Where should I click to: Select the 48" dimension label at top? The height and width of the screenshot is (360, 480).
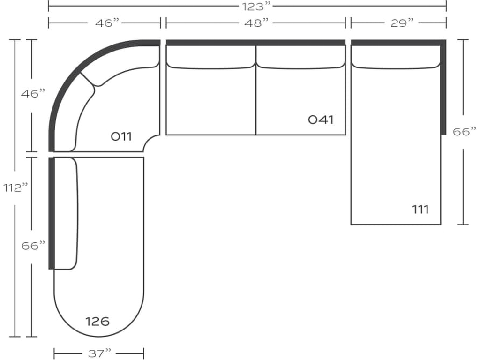pyautogui.click(x=256, y=23)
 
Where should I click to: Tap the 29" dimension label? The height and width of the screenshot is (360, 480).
pyautogui.click(x=402, y=23)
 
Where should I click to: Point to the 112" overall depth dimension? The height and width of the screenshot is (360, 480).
pyautogui.click(x=15, y=187)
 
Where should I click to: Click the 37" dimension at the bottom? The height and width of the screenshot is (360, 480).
pyautogui.click(x=99, y=353)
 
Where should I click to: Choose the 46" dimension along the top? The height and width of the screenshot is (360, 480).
pyautogui.click(x=107, y=23)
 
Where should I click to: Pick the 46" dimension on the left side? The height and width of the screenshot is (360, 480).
pyautogui.click(x=33, y=93)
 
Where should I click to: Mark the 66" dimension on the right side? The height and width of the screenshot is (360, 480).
pyautogui.click(x=465, y=132)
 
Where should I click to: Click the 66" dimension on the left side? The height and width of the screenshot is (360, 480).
pyautogui.click(x=33, y=246)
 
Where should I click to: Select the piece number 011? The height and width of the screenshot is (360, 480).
pyautogui.click(x=121, y=136)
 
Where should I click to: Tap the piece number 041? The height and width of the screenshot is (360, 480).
pyautogui.click(x=321, y=120)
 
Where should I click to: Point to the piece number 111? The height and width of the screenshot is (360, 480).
pyautogui.click(x=420, y=210)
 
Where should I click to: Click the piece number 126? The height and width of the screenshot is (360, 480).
pyautogui.click(x=97, y=322)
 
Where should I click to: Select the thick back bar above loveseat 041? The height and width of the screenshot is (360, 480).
pyautogui.click(x=255, y=43)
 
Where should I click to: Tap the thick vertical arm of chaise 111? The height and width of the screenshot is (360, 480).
pyautogui.click(x=443, y=87)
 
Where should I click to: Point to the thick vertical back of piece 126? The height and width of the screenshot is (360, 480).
pyautogui.click(x=52, y=213)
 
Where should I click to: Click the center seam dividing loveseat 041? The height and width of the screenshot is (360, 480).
pyautogui.click(x=255, y=90)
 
